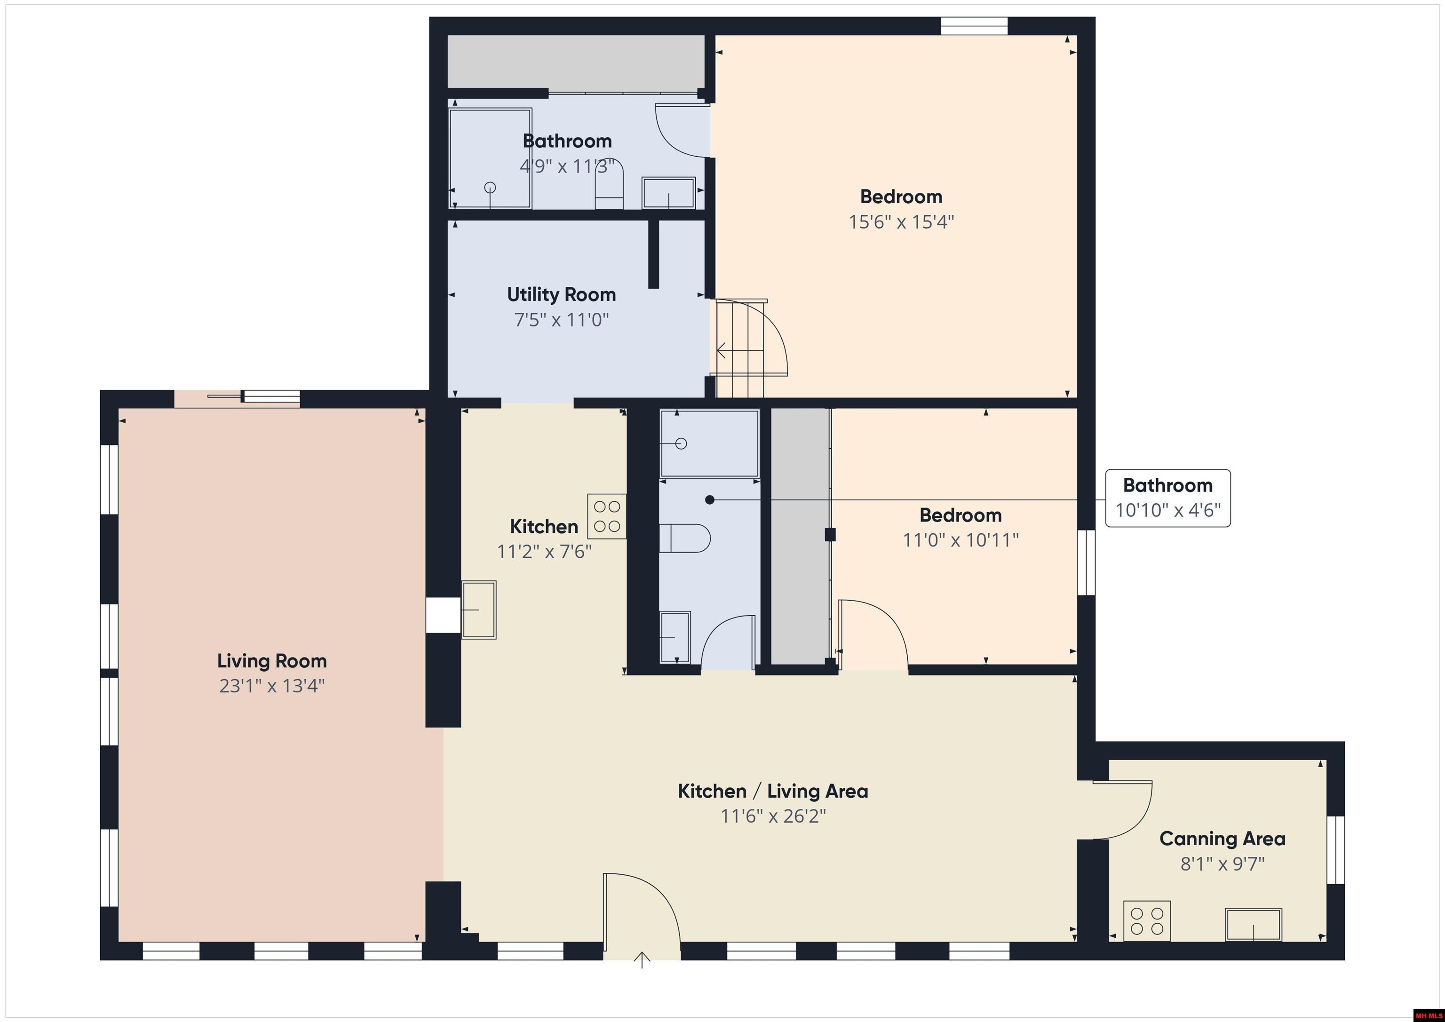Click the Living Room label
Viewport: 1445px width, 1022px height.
[x=271, y=661]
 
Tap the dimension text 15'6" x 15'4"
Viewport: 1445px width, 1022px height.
[x=901, y=222]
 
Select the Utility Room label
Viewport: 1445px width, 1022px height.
[x=561, y=294]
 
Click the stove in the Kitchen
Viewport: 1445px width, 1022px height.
[x=607, y=516]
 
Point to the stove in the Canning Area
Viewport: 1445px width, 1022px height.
[x=1147, y=921]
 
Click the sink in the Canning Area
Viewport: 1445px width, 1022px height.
[x=1253, y=925]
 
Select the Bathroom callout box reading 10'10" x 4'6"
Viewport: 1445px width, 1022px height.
[x=1167, y=498]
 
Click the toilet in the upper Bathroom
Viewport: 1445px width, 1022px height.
[x=609, y=184]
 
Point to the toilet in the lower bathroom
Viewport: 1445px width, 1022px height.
[x=685, y=538]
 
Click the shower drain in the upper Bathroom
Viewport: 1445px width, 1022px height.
[x=490, y=188]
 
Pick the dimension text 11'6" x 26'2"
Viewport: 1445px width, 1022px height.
[x=772, y=816]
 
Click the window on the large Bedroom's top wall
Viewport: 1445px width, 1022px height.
[x=974, y=26]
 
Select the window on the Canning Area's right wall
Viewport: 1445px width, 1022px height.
[x=1335, y=849]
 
